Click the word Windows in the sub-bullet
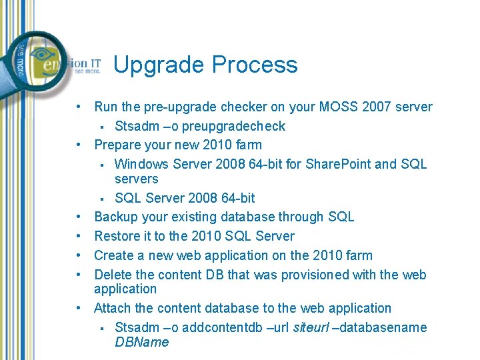[141, 164]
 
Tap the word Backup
[115, 217]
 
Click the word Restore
[117, 236]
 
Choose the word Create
[113, 255]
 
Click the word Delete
[113, 275]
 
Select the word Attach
[113, 308]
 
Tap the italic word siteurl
[311, 327]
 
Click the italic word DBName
[142, 342]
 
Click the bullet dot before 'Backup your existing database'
[79, 217]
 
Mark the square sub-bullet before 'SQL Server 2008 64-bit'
[103, 198]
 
